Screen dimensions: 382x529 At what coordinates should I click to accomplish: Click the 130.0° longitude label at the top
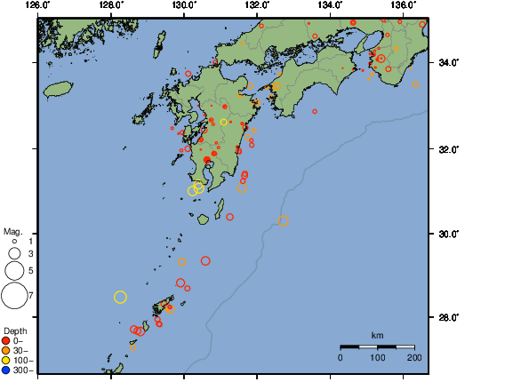184,5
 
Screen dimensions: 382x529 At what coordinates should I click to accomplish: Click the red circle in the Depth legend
6,340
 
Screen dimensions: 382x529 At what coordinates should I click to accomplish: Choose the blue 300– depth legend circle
6,370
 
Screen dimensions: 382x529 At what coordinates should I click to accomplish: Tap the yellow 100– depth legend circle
6,360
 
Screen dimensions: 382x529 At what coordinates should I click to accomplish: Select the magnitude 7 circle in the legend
14,295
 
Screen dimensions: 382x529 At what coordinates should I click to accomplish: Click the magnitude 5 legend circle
14,270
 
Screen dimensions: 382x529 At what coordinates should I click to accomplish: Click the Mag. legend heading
12,231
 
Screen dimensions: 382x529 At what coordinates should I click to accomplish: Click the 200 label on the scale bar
414,357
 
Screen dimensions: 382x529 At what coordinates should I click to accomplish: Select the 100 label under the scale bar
377,357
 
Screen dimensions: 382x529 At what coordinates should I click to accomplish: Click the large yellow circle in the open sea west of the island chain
121,297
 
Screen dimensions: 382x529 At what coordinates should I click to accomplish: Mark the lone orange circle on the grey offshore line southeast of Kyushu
284,221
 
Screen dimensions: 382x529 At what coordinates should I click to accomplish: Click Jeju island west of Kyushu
57,89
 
